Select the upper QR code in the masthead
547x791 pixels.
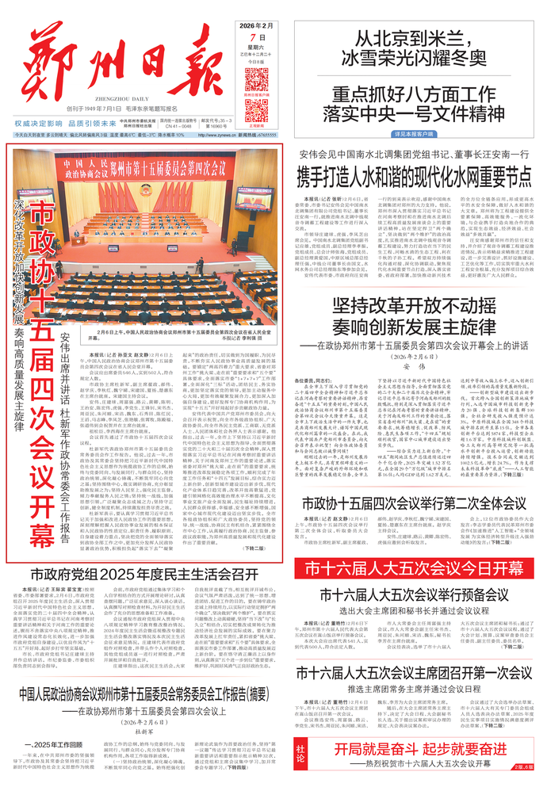point(257,80)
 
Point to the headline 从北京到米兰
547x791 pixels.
point(418,37)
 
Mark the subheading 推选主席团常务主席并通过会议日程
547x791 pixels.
point(415,689)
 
